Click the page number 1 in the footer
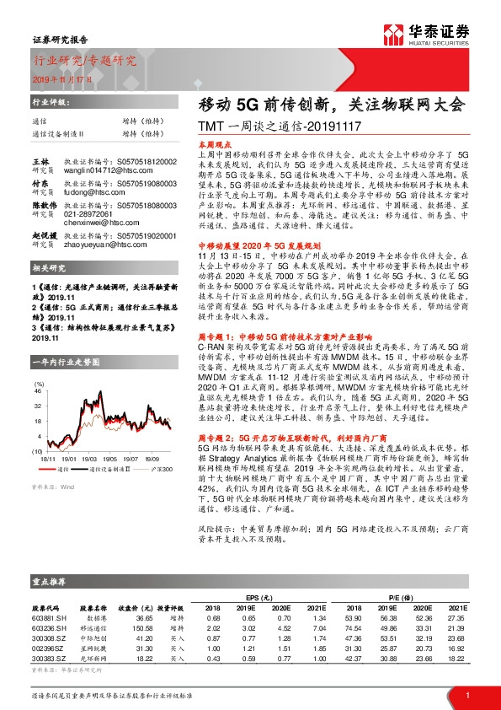tap(466, 693)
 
